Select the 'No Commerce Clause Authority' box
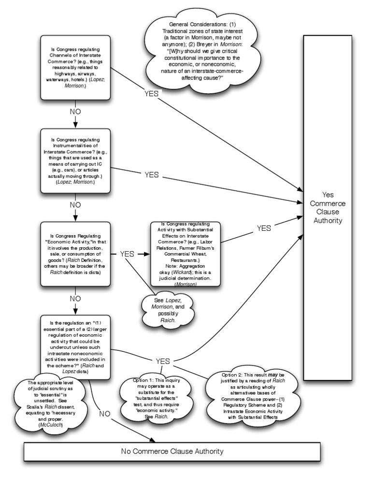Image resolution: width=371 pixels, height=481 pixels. (x=172, y=451)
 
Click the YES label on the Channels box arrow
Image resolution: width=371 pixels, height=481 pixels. (x=151, y=94)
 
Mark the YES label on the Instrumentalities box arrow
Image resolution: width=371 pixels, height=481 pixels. (x=151, y=175)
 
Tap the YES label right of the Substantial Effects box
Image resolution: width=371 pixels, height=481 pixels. (x=264, y=228)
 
